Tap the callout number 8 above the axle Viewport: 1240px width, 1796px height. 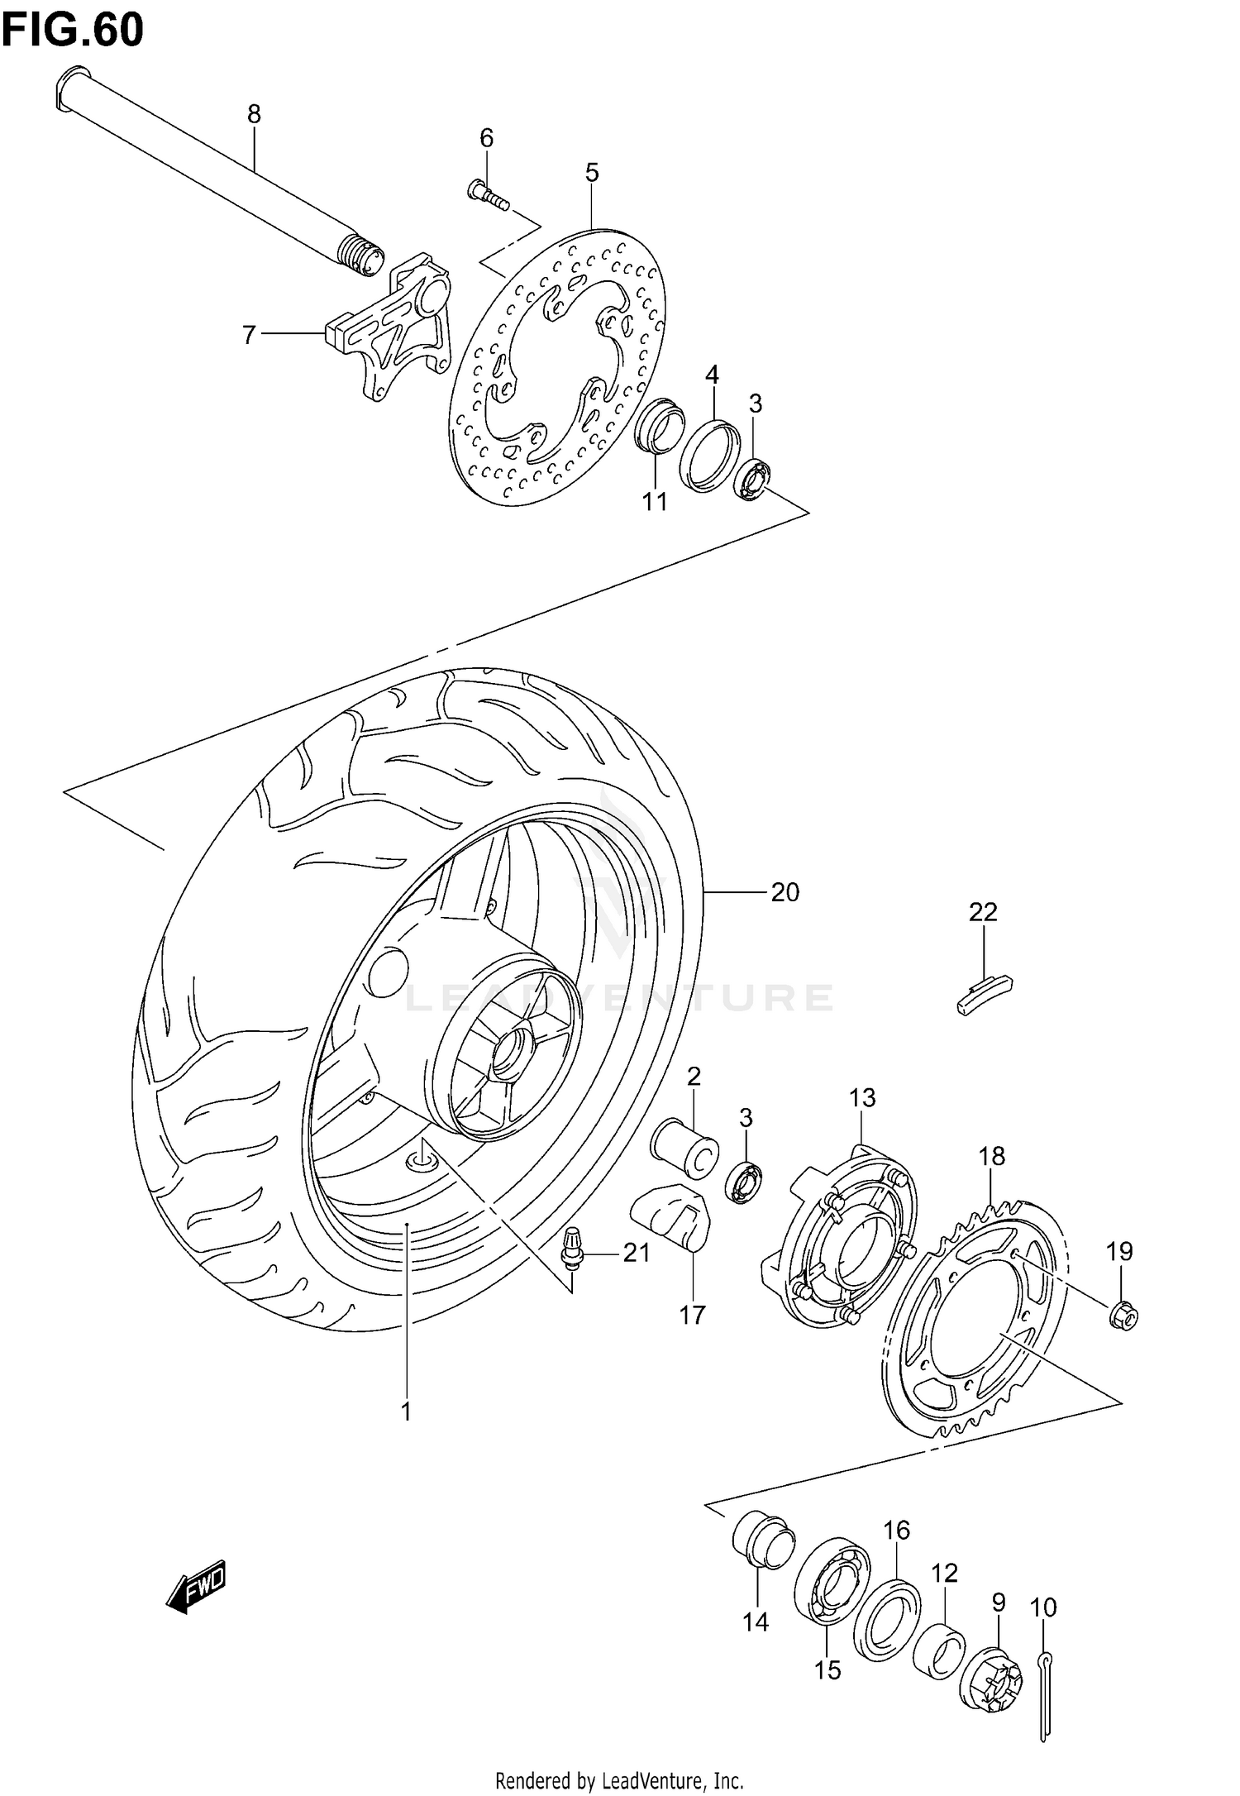pos(254,114)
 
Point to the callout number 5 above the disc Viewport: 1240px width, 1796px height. pos(592,173)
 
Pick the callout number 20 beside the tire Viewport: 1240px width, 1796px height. pos(785,892)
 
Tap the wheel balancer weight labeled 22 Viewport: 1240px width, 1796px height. pos(985,991)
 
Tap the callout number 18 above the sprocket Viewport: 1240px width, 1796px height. pos(992,1156)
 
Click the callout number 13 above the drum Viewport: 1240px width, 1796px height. pos(861,1099)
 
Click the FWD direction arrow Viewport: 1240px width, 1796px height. pos(196,1586)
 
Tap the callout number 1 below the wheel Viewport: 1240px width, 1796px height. pos(406,1412)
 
